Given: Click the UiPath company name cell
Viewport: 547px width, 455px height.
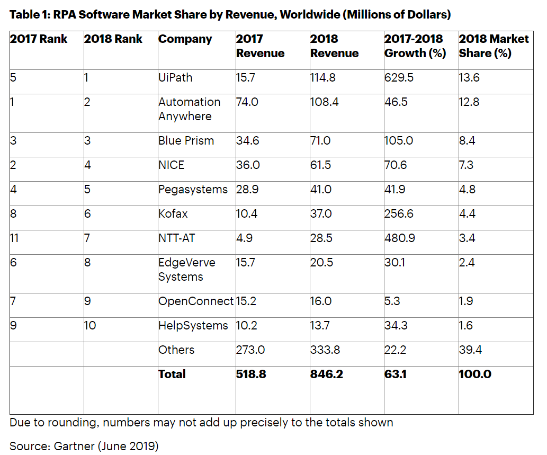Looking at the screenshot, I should click(175, 78).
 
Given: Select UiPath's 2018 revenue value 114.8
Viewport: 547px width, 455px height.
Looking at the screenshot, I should click(324, 78).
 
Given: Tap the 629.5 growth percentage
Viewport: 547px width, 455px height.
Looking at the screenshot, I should click(399, 78).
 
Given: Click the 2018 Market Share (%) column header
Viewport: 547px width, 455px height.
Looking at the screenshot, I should click(494, 46).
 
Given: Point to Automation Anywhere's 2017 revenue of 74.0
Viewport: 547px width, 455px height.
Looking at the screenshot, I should click(247, 102).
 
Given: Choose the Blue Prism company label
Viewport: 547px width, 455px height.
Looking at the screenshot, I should click(186, 141).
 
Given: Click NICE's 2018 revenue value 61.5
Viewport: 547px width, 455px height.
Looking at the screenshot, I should click(320, 165).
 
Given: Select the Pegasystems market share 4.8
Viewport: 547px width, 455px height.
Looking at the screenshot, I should click(467, 190).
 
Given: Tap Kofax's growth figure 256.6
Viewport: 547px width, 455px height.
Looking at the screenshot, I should click(399, 214).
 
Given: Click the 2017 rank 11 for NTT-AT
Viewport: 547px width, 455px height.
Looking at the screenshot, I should click(14, 238).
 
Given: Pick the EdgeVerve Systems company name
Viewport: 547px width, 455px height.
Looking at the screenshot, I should click(186, 270).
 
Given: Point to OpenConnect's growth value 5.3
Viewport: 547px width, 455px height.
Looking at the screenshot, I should click(393, 301).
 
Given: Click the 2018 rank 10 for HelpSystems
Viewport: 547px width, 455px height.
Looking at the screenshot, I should click(90, 326).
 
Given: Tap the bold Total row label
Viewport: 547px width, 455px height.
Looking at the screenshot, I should click(172, 374).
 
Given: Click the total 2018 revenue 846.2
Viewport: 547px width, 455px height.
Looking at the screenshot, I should click(326, 374).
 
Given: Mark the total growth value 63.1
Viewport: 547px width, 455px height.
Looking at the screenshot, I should click(396, 374).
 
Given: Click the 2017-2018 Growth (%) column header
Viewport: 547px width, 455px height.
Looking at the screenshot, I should click(414, 46).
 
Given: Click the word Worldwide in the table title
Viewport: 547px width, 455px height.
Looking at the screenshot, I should click(306, 14).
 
